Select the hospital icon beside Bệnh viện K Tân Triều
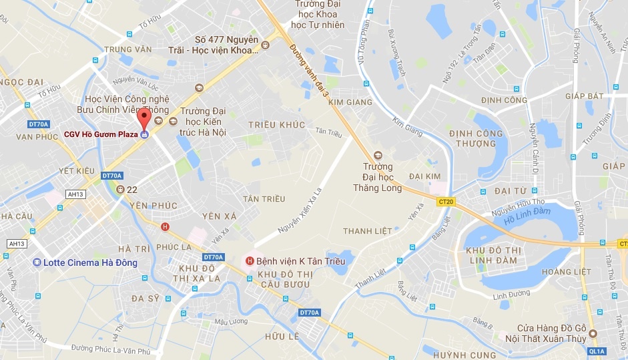pos(250,260)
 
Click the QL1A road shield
pos(597,351)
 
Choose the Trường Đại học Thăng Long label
pos(378,177)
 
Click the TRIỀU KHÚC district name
pos(276,125)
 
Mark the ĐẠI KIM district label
pos(424,176)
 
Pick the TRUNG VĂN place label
pos(129,49)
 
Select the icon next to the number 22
pos(121,190)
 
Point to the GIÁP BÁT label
pos(583,96)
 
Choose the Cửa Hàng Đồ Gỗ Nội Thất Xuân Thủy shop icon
pos(591,333)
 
